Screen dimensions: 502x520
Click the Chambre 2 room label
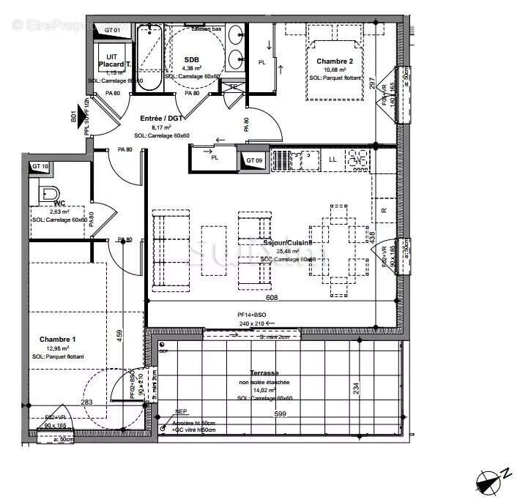[335, 61]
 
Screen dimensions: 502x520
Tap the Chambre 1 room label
[57, 340]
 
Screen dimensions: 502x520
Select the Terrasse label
[264, 372]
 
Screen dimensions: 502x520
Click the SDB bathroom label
[192, 59]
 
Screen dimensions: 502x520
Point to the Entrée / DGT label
[160, 117]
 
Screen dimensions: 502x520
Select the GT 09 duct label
[254, 160]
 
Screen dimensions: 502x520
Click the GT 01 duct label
[112, 29]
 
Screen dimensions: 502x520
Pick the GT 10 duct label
[40, 167]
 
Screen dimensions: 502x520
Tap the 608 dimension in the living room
[270, 298]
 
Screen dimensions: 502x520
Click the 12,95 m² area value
[57, 349]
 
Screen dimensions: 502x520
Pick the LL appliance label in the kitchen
[333, 159]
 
